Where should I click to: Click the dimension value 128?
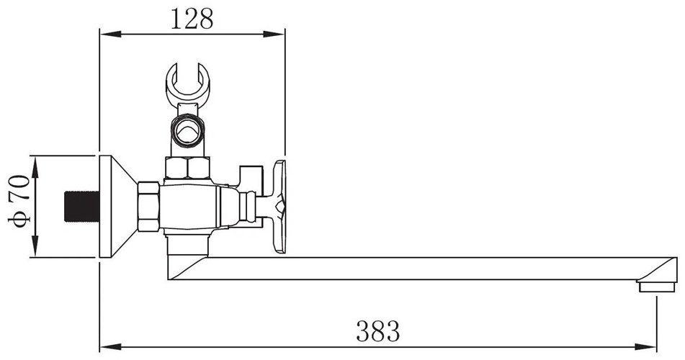pos(192,19)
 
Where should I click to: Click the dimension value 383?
pos(378,330)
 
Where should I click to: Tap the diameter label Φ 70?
pos(19,201)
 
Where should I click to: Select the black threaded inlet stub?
pos(82,206)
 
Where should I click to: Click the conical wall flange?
pos(117,206)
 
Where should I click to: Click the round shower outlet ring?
pos(188,130)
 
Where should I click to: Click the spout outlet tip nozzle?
pos(656,287)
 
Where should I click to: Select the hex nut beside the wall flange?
pos(148,206)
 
